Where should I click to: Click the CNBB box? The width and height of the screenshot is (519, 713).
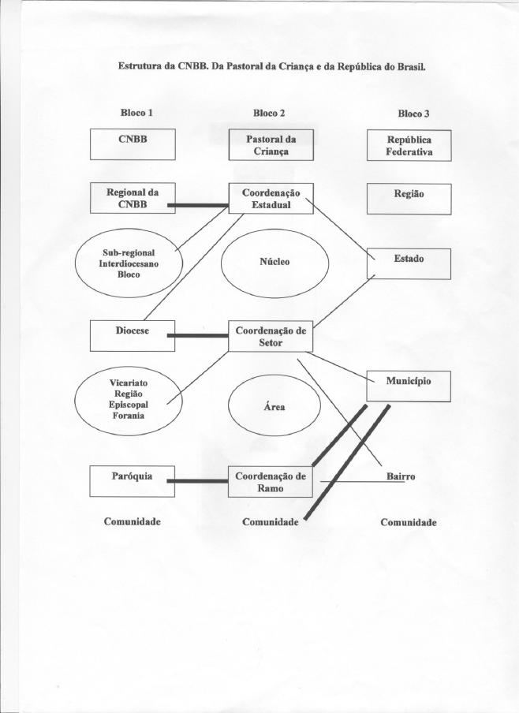pos(133,144)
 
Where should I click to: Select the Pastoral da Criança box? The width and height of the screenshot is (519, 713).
pos(271,145)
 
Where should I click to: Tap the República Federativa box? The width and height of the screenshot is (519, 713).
pos(409,146)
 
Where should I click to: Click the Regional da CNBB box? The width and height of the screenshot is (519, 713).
pos(133,197)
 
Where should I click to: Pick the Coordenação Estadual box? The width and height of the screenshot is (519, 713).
pos(271,199)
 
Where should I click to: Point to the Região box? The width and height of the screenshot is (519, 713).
pos(409,199)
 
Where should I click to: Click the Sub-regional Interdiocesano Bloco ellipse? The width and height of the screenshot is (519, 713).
pos(129,263)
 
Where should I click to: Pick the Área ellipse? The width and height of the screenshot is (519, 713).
pos(274,407)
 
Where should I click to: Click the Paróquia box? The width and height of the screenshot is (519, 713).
pos(133,481)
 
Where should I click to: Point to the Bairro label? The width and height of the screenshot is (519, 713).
pos(400,477)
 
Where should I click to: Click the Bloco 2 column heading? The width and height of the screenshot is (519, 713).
pos(269,113)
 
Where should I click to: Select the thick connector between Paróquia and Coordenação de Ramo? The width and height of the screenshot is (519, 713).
pos(201,481)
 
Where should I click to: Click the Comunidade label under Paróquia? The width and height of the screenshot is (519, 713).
pos(133,521)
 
